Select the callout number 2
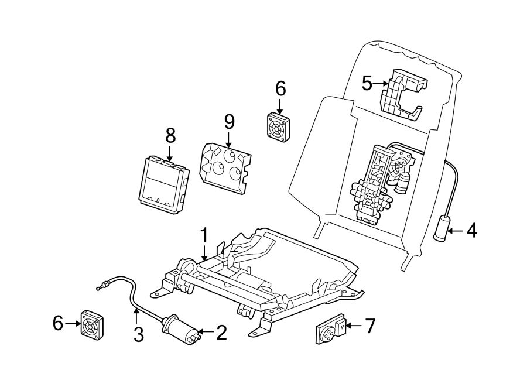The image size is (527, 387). pyautogui.click(x=221, y=333)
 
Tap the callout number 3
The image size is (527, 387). pyautogui.click(x=138, y=334)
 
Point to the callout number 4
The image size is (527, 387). pyautogui.click(x=471, y=231)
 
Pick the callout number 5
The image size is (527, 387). pyautogui.click(x=367, y=83)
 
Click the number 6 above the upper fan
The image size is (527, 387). pyautogui.click(x=280, y=89)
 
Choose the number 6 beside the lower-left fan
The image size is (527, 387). pyautogui.click(x=58, y=323)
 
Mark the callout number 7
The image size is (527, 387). pyautogui.click(x=369, y=326)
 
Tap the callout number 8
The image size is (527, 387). pyautogui.click(x=170, y=136)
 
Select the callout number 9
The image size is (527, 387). pyautogui.click(x=229, y=122)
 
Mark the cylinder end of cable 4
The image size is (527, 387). pyautogui.click(x=442, y=228)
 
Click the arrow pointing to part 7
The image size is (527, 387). pyautogui.click(x=352, y=326)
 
